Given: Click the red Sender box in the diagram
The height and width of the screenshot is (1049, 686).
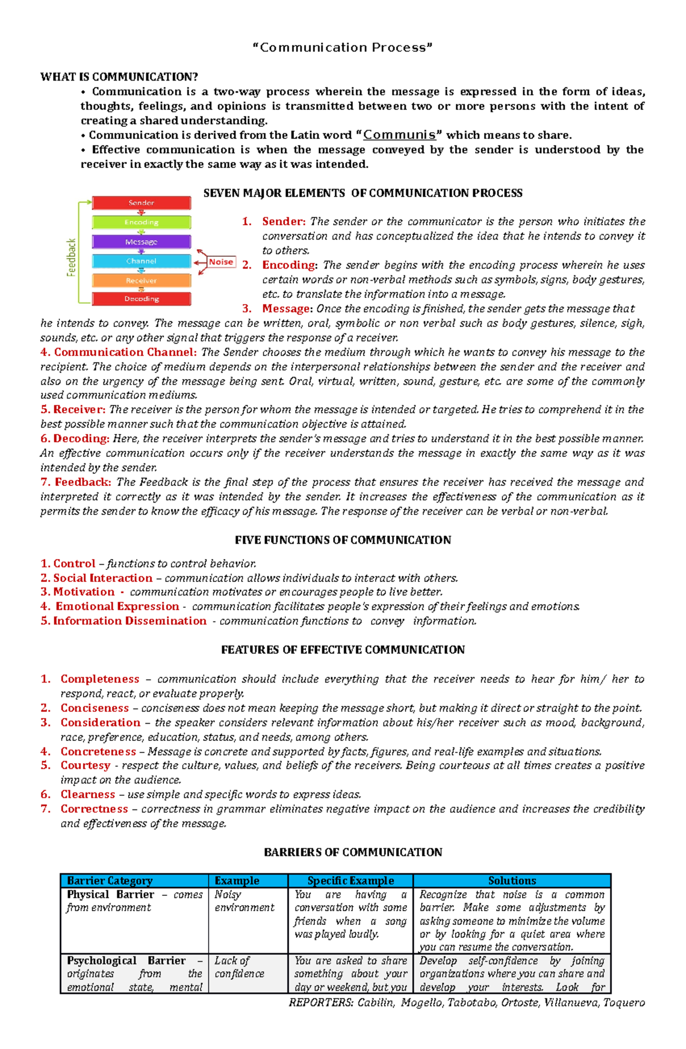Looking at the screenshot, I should [x=141, y=203].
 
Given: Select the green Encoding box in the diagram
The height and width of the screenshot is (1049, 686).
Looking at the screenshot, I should [x=141, y=222].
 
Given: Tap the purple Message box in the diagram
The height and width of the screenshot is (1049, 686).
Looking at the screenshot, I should [x=141, y=242].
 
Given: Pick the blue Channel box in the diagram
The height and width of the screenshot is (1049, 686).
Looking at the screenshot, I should [x=141, y=261].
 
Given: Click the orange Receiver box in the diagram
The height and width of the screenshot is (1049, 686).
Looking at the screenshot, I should [x=141, y=281].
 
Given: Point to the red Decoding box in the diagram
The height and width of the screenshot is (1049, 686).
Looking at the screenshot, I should [x=141, y=299].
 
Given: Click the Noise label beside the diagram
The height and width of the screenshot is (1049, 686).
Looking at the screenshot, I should [x=221, y=262].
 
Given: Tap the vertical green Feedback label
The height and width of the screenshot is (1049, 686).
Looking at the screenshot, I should [x=71, y=257].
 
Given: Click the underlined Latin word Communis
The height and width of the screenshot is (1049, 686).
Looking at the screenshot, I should [x=400, y=135].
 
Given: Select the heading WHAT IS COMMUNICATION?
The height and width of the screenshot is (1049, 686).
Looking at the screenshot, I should [x=119, y=77].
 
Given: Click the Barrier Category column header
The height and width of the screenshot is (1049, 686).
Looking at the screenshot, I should [x=110, y=881].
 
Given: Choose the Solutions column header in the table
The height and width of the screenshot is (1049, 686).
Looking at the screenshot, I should [x=512, y=881].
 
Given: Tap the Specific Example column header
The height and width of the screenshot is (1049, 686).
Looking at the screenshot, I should [x=350, y=881].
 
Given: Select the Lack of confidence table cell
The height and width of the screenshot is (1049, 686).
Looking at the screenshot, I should [x=240, y=967].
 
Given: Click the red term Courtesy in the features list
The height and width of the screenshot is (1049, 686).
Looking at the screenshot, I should [x=85, y=765].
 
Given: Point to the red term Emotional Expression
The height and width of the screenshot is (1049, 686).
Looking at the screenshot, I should [x=117, y=607].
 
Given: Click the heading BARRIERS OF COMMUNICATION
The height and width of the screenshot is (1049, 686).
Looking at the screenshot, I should [x=353, y=852].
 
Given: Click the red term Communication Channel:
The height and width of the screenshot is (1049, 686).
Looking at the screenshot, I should [x=125, y=352].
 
